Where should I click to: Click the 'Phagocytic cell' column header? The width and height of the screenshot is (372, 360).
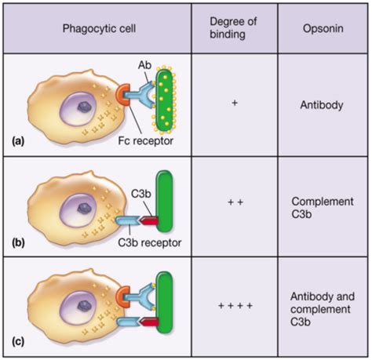[99, 28]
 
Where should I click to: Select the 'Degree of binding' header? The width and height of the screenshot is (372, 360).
[233, 28]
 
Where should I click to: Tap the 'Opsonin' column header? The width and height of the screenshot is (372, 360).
[323, 28]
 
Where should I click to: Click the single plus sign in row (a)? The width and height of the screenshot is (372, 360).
[235, 103]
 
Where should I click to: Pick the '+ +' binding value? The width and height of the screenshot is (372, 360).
[235, 202]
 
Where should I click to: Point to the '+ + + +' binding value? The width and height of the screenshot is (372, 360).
[235, 305]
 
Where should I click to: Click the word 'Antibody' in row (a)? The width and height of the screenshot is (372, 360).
[322, 105]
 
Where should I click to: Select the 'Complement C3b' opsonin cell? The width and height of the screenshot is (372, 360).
[323, 208]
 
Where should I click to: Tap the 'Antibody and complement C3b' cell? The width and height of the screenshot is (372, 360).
[323, 309]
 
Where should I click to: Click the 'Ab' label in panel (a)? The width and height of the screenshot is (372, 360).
[144, 65]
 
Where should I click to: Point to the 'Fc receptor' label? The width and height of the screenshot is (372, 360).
[145, 141]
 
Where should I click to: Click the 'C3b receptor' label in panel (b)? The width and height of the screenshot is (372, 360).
[149, 242]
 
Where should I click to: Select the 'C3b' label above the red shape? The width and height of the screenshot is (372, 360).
[141, 194]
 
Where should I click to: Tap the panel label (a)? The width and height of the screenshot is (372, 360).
[18, 141]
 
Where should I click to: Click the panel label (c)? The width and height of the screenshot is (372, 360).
[18, 342]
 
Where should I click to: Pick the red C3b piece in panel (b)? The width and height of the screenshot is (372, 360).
[149, 220]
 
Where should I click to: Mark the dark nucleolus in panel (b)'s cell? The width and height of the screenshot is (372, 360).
[84, 209]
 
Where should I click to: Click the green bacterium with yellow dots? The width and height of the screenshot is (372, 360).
[164, 100]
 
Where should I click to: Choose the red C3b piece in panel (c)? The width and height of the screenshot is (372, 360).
[149, 322]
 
